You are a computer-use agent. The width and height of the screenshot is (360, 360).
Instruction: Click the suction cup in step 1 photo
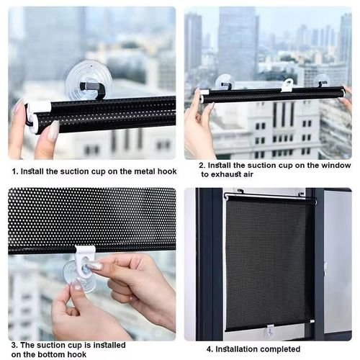coord(88,79)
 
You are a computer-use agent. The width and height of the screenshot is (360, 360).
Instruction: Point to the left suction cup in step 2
coord(225,82)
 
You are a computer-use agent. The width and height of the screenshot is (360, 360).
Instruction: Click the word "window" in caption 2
coord(336,165)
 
